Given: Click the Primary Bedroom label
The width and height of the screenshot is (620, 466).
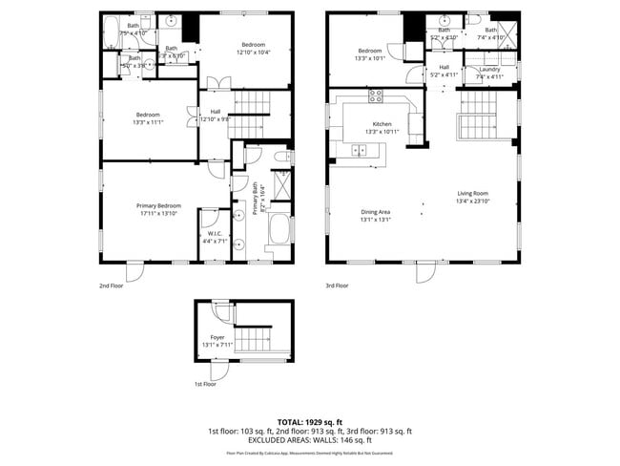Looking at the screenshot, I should click(158, 206).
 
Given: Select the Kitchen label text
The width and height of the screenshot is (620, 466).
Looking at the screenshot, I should click(382, 125).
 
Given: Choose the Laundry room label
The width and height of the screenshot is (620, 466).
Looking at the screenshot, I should click(489, 69).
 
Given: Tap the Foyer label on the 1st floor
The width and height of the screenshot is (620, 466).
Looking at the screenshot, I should click(217, 338).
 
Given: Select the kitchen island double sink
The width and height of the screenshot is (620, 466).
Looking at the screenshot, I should click(362, 149).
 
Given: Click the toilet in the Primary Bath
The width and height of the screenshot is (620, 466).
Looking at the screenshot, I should click(281, 157).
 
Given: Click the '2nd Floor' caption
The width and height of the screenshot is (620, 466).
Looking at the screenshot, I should click(111, 285).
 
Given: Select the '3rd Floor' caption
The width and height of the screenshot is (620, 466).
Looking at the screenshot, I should click(336, 285).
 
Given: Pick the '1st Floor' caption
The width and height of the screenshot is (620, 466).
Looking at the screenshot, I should click(205, 384).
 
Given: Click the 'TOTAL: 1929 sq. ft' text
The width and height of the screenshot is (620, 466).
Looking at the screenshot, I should click(310, 421).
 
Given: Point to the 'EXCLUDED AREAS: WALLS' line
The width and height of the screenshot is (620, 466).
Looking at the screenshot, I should click(310, 440).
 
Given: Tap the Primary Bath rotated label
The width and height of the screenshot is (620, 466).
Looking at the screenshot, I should click(257, 204).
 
